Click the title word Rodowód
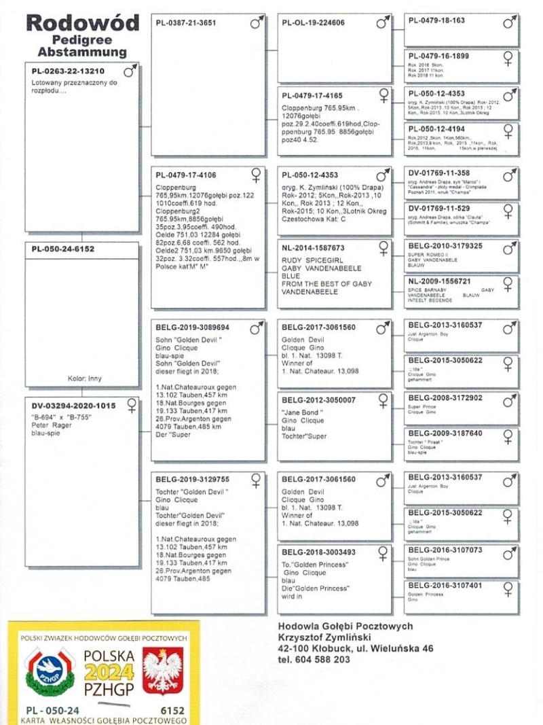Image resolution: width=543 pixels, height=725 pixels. (x=82, y=23)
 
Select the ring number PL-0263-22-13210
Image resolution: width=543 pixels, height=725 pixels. (x=68, y=71)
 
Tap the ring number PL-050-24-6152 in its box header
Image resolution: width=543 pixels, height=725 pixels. (x=63, y=249)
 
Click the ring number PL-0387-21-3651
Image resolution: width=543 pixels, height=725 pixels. (x=186, y=23)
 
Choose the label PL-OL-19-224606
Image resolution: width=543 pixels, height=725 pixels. (x=313, y=23)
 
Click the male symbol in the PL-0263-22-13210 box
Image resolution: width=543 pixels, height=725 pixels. (x=130, y=70)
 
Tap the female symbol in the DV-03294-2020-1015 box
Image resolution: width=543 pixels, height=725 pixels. (x=131, y=406)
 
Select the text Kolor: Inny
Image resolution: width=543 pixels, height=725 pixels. (x=85, y=379)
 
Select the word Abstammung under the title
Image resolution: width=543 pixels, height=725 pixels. (x=82, y=52)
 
